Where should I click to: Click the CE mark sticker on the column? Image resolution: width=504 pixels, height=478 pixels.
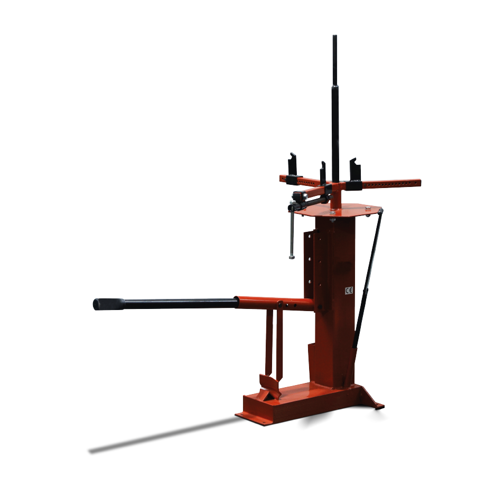(x=349, y=290)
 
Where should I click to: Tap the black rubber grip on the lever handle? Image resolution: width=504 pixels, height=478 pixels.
(x=109, y=304)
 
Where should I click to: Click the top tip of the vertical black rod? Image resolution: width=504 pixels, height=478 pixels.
(x=334, y=36)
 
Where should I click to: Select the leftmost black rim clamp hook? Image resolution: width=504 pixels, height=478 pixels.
(x=293, y=168)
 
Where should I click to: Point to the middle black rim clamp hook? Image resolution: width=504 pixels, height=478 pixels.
(x=323, y=174)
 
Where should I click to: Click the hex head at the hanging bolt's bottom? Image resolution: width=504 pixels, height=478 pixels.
(x=292, y=257)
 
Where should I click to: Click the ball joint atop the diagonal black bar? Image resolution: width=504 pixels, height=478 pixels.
(x=381, y=211)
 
